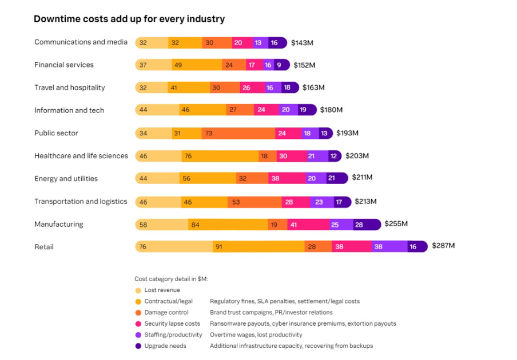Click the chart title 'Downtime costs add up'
pos(129,19)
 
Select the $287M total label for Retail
pos(443,246)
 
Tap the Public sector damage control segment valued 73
pos(238,133)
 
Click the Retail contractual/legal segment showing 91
pos(258,247)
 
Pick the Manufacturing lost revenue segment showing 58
pos(162,225)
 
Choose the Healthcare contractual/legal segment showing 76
pos(220,156)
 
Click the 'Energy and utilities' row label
pos(66,179)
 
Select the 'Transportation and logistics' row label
pos(81,202)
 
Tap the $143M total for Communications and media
pos(302,42)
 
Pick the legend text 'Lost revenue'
pos(162,290)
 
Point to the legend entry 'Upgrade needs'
pos(165,346)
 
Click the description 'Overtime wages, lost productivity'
pos(256,335)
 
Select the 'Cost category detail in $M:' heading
pos(171,279)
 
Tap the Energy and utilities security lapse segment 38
pos(286,179)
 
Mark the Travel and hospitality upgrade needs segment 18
pos(288,88)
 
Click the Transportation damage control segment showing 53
pos(254,202)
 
